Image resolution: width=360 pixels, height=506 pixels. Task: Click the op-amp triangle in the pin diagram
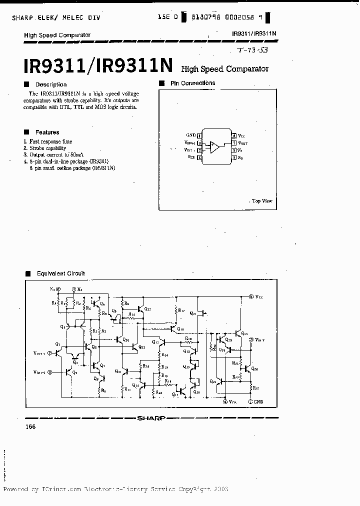tap(214, 146)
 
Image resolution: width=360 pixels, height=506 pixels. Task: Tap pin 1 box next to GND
tap(200, 135)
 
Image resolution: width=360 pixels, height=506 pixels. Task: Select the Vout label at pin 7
tap(241, 142)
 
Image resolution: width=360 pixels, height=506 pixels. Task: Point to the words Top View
tap(262, 200)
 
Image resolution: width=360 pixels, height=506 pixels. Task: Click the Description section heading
tap(50, 84)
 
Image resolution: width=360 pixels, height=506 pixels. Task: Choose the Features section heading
tap(47, 132)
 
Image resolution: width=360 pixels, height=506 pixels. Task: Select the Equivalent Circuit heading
tap(60, 273)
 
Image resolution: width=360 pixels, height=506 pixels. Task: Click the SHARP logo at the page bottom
tap(151, 418)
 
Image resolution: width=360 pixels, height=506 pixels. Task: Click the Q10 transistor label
tap(125, 340)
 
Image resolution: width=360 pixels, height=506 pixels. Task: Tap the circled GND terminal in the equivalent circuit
tap(250, 401)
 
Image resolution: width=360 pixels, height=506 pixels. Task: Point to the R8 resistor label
tap(102, 390)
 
